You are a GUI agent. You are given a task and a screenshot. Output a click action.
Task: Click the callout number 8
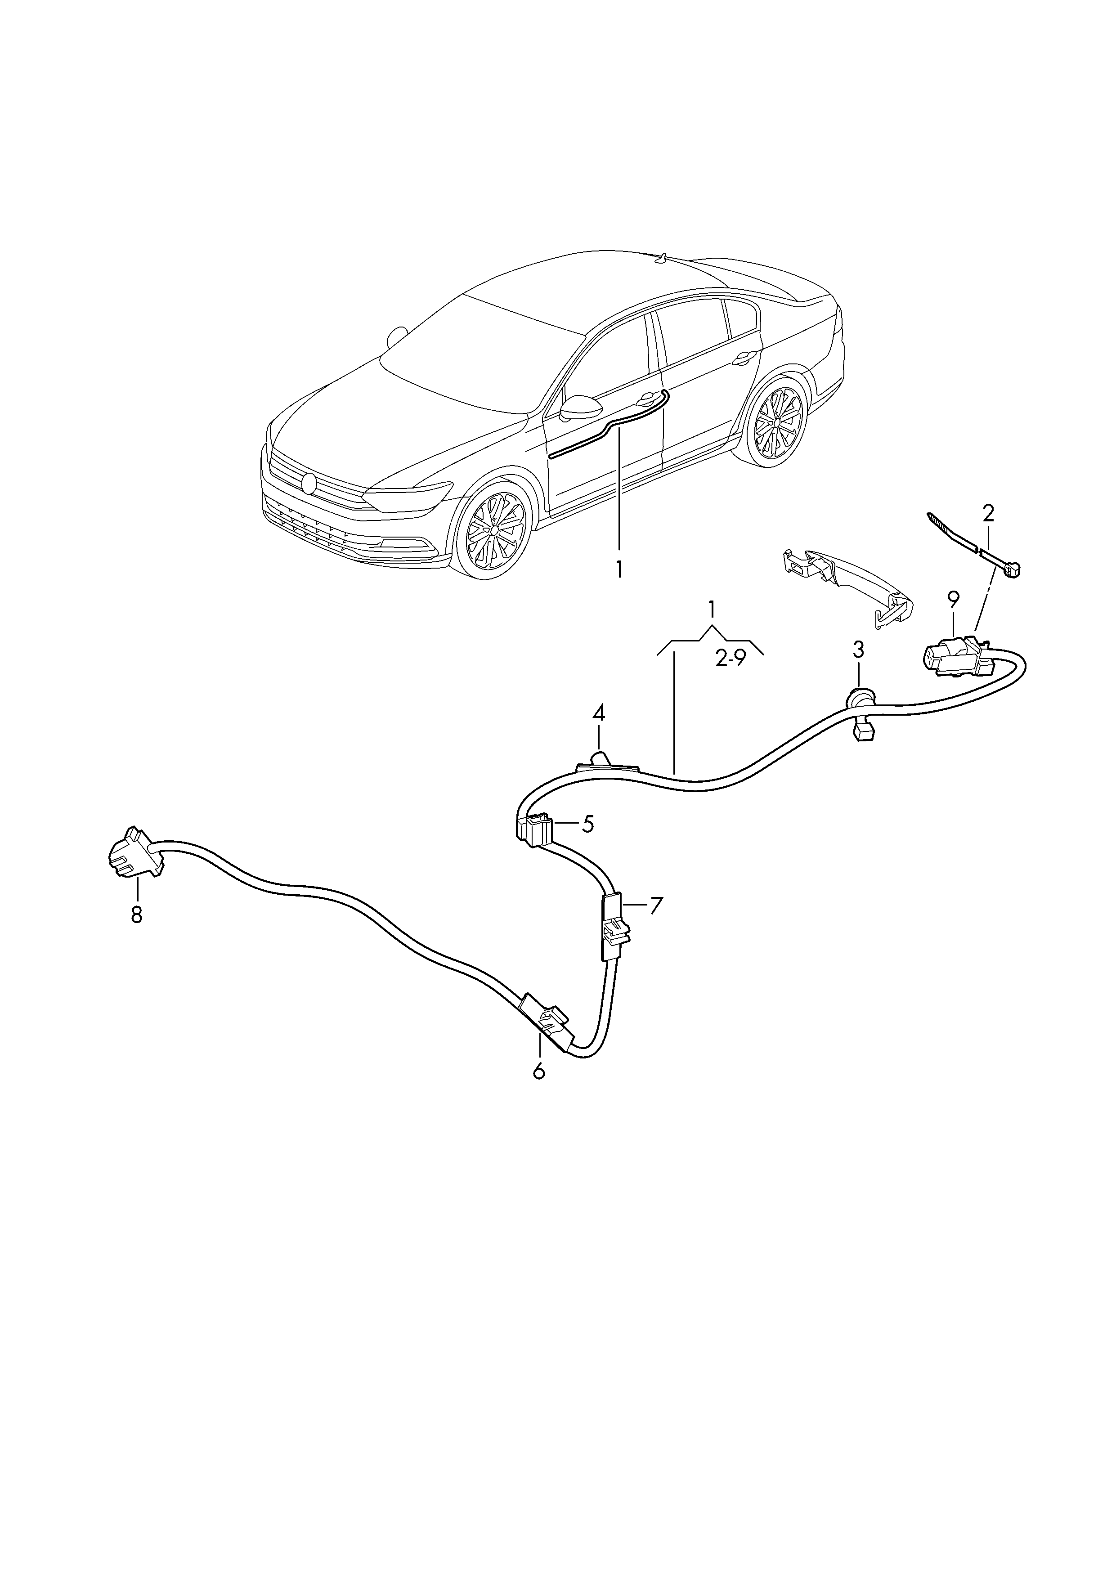(x=137, y=915)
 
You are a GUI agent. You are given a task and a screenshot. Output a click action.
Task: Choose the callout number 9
(x=953, y=601)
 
